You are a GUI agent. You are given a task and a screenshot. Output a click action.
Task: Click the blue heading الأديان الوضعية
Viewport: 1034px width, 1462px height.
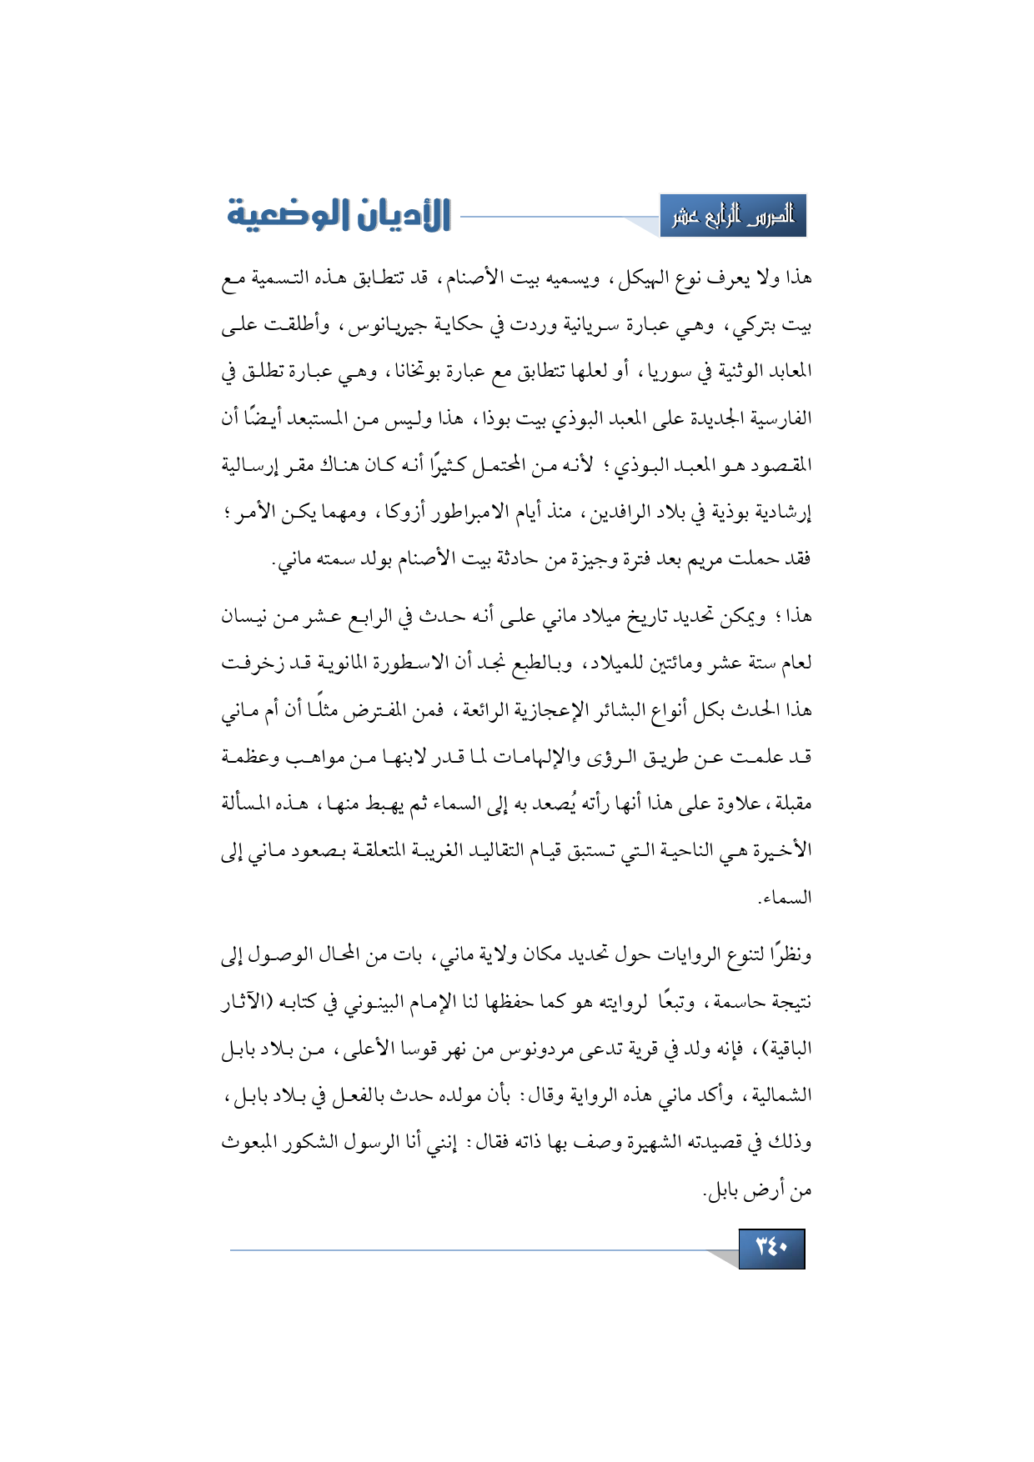pyautogui.click(x=339, y=215)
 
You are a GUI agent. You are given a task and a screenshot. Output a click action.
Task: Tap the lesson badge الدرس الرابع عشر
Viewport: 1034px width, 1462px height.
pyautogui.click(x=733, y=217)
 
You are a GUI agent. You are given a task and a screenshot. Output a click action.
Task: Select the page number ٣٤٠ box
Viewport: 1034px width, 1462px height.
pyautogui.click(x=771, y=1248)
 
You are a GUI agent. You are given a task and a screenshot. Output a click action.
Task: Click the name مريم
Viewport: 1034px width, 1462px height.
pyautogui.click(x=680, y=558)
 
